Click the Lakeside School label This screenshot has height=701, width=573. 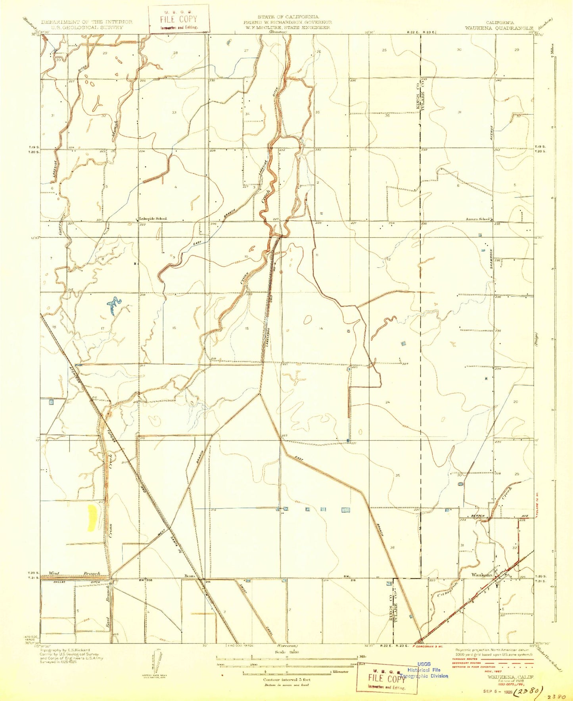point(153,219)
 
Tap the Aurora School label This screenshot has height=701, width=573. point(478,219)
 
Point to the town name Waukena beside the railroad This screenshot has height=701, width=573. point(481,574)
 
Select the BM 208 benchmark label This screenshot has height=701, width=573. point(144,580)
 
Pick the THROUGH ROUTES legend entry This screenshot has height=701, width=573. point(466,659)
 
